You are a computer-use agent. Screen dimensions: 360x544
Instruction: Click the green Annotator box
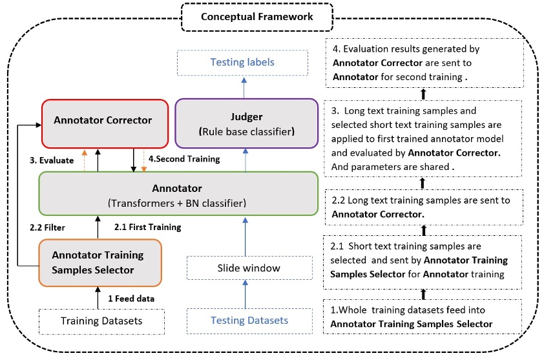[x=178, y=194]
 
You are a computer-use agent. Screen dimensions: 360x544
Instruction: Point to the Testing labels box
[x=242, y=63]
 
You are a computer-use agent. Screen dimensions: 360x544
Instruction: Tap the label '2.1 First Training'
[x=147, y=227]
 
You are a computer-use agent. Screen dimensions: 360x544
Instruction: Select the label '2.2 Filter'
[x=48, y=227]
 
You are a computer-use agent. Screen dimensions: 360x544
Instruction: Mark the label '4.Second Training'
[x=183, y=158]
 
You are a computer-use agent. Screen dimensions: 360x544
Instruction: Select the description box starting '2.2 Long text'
[x=423, y=207]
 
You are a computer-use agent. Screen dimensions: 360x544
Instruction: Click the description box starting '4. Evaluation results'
[x=423, y=63]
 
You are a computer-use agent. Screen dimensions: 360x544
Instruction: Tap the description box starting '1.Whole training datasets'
[x=423, y=317]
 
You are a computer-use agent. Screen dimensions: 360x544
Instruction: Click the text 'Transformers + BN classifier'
[x=178, y=203]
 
